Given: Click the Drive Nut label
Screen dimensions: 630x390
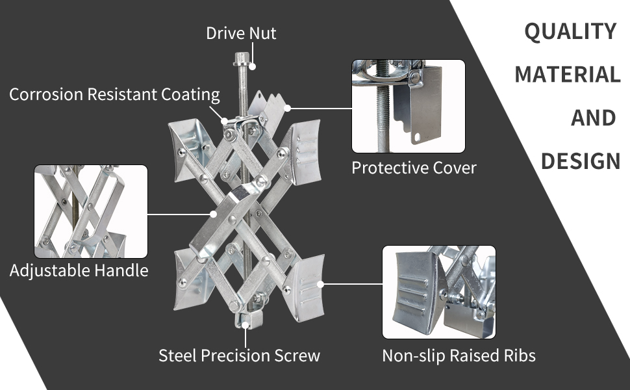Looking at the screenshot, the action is tap(241, 33).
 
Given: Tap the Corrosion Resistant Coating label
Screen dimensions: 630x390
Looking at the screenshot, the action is tap(114, 94).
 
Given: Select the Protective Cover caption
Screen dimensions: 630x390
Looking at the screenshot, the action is tap(414, 168).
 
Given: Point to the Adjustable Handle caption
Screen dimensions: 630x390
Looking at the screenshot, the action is tap(79, 270).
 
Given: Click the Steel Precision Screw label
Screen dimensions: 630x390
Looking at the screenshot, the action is tap(239, 356).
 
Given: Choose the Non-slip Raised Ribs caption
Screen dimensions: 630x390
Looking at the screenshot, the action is tap(459, 356).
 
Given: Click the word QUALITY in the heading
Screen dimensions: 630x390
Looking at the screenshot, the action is tap(570, 31).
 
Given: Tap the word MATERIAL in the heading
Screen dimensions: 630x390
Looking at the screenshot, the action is tap(567, 74).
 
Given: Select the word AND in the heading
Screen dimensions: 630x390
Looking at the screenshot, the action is tap(593, 118).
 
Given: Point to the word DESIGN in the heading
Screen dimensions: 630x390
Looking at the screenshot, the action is tap(581, 161).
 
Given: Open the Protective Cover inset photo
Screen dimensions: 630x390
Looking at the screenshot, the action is tap(409, 106).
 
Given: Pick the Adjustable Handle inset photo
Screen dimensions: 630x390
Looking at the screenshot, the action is tap(91, 211).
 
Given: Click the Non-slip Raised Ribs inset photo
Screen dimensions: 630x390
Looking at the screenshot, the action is tap(439, 292).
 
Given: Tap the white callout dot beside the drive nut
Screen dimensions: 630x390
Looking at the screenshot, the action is tap(252, 66).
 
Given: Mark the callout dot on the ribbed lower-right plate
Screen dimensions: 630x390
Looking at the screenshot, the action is tap(320, 284).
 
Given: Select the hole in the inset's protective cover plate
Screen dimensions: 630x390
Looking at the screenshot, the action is tap(417, 137).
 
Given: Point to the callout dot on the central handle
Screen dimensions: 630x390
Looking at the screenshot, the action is tap(214, 214).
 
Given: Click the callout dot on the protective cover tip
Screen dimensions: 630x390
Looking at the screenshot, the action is tap(287, 108).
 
